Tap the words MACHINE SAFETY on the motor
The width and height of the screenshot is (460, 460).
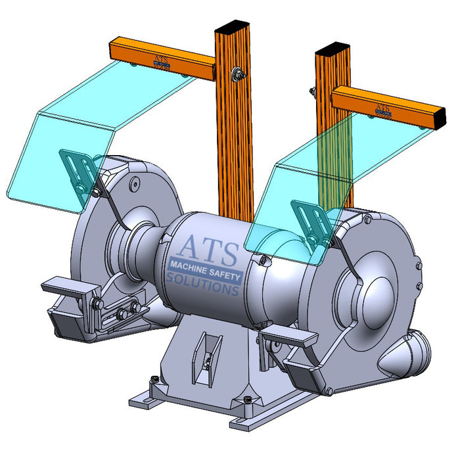point(206,267)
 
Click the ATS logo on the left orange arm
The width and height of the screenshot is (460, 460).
point(160,61)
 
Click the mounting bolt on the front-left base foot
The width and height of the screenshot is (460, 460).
point(155,379)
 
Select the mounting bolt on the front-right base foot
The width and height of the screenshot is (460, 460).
point(248,399)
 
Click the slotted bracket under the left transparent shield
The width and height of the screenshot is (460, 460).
point(79,171)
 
